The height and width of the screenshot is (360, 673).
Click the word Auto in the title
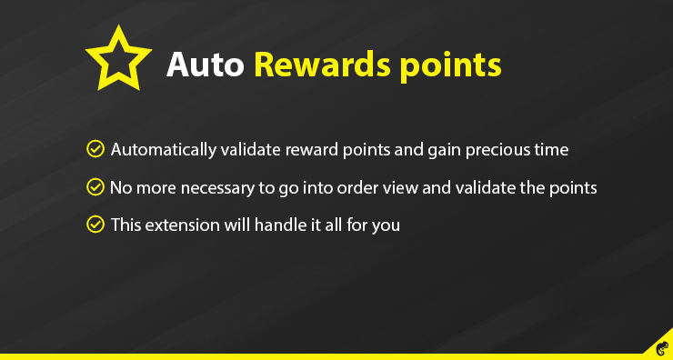point(205,65)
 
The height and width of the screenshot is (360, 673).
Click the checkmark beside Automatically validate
point(94,148)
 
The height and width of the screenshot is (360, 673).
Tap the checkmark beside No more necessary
point(94,186)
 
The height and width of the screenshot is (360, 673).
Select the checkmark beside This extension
point(94,224)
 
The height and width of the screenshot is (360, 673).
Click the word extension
point(182,224)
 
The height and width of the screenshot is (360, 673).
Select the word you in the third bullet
point(386,225)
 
